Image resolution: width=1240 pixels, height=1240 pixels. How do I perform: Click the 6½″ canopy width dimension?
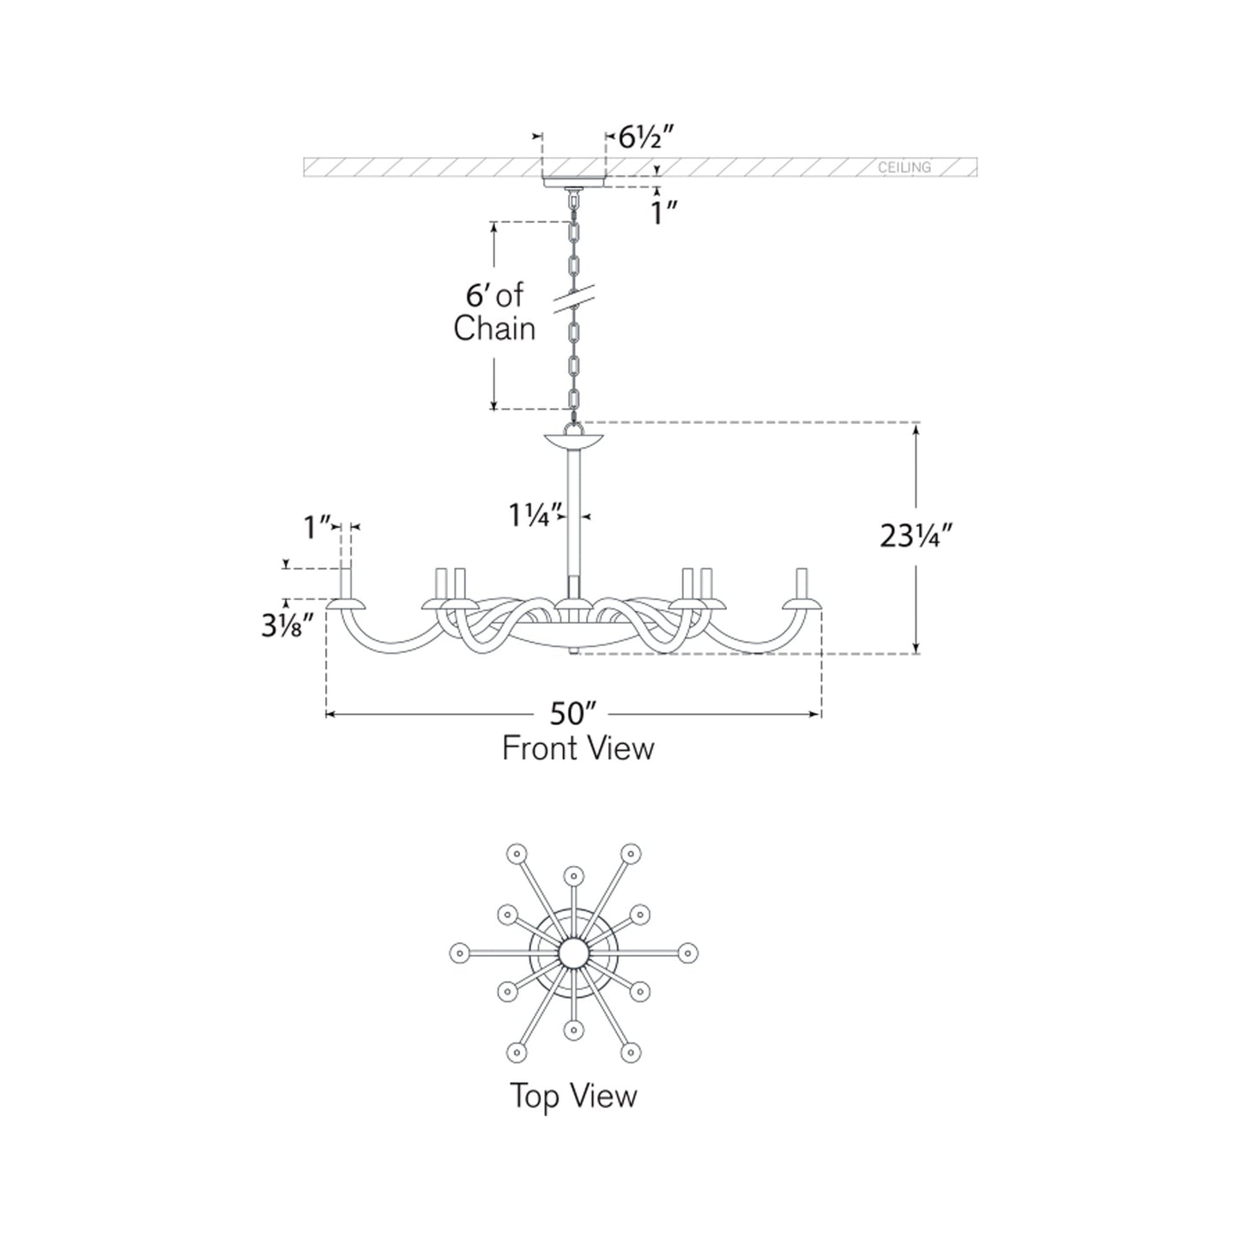click(x=645, y=137)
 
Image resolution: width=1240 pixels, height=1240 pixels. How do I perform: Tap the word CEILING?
click(x=904, y=167)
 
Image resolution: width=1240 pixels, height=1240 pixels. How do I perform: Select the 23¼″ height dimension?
click(x=915, y=535)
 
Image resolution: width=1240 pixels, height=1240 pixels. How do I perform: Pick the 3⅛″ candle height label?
click(x=287, y=625)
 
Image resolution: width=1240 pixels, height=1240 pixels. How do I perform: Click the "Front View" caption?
click(x=578, y=748)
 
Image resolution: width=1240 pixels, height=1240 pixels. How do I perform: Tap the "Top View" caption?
click(x=573, y=1095)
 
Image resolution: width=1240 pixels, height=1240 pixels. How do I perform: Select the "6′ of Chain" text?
click(x=494, y=312)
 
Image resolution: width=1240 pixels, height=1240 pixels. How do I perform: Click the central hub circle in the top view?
click(x=572, y=953)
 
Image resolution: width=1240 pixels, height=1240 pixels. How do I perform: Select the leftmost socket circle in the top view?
click(x=459, y=953)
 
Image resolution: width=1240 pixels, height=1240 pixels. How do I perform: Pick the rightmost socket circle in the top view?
click(x=688, y=953)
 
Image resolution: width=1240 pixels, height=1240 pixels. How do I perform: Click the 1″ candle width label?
click(x=317, y=528)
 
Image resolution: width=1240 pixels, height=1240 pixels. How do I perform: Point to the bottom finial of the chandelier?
click(x=573, y=652)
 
